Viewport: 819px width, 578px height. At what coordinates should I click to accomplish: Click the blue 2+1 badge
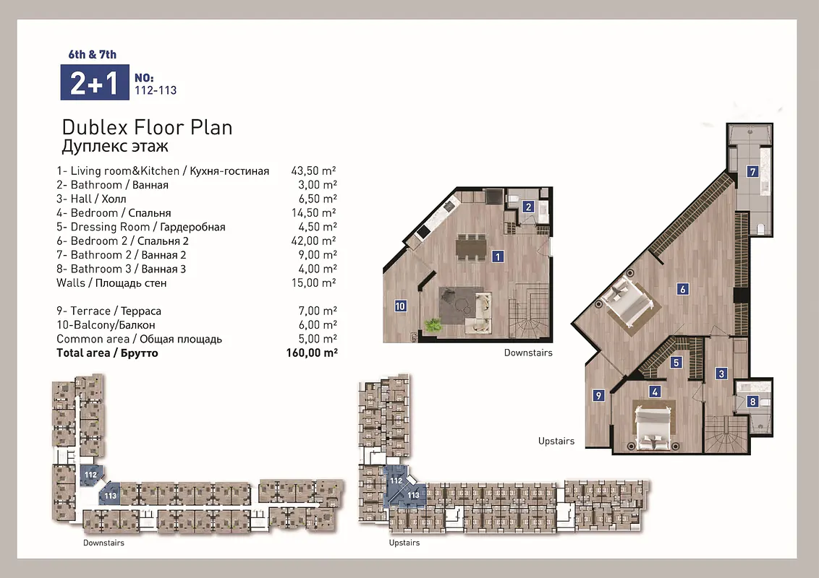pos(95,82)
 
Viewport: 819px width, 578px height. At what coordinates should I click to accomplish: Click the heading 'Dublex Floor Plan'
pos(147,127)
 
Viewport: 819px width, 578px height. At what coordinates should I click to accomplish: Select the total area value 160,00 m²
pos(312,353)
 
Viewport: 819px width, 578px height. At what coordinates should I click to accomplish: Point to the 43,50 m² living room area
pos(313,171)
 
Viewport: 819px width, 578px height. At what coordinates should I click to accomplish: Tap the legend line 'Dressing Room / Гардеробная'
pos(141,227)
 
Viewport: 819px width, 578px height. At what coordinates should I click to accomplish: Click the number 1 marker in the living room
pos(498,256)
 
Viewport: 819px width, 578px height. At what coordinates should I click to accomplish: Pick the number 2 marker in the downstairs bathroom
pos(528,207)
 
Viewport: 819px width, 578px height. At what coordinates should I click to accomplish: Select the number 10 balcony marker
pos(400,306)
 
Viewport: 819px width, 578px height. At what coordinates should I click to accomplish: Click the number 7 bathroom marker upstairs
pos(752,172)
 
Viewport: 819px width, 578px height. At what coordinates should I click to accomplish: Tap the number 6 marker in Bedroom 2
pos(682,289)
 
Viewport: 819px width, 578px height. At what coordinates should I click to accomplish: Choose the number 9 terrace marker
pos(598,395)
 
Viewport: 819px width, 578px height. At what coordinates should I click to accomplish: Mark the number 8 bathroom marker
pos(752,401)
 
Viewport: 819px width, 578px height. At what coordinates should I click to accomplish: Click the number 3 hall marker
pos(721,374)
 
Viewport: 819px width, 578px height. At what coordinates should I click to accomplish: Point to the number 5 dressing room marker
pos(676,362)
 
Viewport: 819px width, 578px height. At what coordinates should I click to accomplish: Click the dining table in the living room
pos(471,247)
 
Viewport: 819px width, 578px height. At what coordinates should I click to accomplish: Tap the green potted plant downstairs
pos(433,326)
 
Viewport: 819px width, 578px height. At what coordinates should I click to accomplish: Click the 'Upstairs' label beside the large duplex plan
pos(556,441)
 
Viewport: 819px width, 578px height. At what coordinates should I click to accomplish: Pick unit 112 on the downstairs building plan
pos(91,475)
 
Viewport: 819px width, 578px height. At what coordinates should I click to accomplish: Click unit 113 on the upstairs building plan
pos(413,495)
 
